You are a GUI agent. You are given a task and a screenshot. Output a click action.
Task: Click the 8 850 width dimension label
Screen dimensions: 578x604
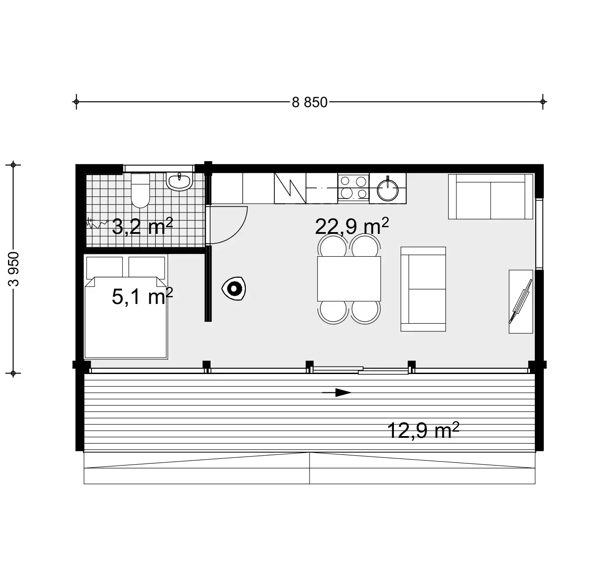click(310, 103)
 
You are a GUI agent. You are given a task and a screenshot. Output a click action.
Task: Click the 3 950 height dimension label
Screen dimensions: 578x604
click(14, 269)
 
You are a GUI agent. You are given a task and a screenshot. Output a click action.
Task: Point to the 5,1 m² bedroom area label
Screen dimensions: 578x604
click(142, 296)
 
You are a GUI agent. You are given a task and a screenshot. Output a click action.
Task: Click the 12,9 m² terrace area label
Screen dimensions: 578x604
click(423, 431)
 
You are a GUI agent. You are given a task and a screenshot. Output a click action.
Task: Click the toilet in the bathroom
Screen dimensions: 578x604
click(141, 191)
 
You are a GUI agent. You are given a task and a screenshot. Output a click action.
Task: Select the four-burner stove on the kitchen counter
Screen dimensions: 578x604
click(353, 187)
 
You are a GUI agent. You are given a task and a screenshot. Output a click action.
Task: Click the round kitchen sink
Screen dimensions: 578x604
click(388, 189)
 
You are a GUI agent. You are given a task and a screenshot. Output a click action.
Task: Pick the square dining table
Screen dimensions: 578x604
click(349, 279)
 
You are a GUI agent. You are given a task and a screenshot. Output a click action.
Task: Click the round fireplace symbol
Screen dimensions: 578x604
click(233, 289)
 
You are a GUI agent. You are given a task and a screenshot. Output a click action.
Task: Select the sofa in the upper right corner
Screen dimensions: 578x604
click(491, 196)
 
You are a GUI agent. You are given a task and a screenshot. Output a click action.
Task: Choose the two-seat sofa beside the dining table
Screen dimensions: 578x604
click(423, 289)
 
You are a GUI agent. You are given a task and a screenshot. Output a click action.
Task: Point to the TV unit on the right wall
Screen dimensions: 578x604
click(521, 301)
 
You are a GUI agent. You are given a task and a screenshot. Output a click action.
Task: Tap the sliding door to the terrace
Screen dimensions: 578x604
click(360, 370)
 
